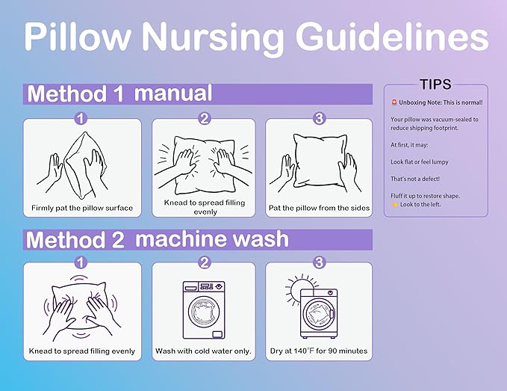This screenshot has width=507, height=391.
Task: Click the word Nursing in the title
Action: [x=213, y=38]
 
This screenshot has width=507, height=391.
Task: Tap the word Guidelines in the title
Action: [x=391, y=35]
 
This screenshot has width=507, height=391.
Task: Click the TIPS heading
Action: [x=435, y=84]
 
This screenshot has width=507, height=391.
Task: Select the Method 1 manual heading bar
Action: [x=198, y=94]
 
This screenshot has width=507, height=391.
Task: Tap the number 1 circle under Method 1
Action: [x=81, y=118]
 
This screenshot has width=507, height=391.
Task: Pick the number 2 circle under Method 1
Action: [x=205, y=118]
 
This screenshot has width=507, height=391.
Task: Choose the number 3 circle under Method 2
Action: [x=319, y=262]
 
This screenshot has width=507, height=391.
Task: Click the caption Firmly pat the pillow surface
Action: [x=82, y=208]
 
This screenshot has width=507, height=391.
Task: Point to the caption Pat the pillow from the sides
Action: [x=319, y=208]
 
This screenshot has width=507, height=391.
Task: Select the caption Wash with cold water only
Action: [x=203, y=351]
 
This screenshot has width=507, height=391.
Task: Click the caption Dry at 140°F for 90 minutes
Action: [x=319, y=351]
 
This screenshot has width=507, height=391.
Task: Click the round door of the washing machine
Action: [x=204, y=312]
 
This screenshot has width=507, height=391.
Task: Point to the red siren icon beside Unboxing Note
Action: [x=394, y=102]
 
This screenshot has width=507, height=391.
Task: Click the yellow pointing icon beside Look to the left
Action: [x=394, y=205]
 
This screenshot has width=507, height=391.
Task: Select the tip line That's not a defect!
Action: [x=415, y=179]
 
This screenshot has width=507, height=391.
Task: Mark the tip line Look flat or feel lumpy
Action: [x=420, y=161]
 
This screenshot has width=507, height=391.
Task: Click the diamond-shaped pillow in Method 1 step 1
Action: [x=85, y=165]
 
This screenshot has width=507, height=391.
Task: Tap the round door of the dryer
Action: [x=320, y=314]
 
